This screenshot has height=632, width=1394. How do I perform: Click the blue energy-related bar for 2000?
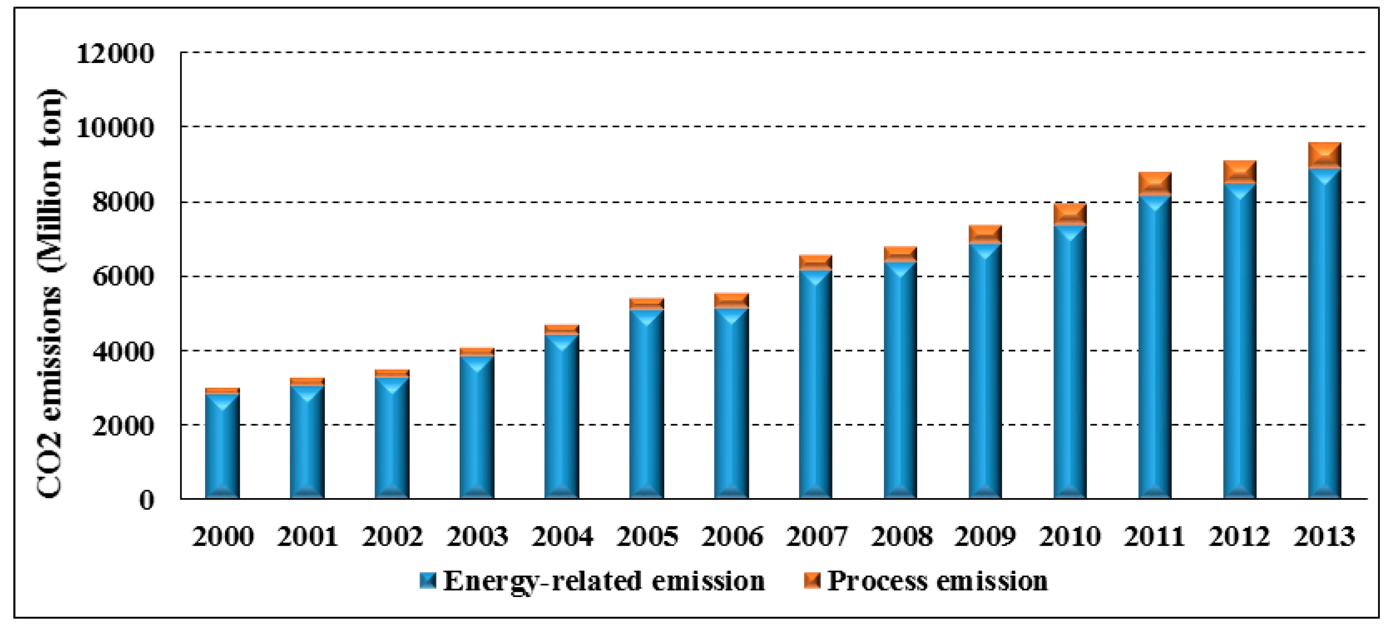pos(223,446)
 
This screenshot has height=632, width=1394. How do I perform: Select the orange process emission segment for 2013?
pos(1324,155)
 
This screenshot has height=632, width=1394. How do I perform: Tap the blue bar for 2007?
pos(815,384)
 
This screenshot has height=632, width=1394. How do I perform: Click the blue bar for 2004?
pos(561,416)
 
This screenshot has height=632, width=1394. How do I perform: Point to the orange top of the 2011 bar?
pos(1155,183)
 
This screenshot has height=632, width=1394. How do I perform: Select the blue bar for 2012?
pos(1239,340)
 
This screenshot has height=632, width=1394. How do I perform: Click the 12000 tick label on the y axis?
pos(115,54)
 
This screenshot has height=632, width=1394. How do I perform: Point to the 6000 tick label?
pos(124,277)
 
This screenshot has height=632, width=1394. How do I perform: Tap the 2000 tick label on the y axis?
pos(124,426)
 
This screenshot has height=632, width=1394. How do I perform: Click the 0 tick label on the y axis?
pos(146,500)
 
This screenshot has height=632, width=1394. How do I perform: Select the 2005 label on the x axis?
pos(647,537)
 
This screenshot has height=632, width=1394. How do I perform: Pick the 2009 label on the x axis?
pos(985,537)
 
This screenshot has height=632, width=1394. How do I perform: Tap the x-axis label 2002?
pos(392,537)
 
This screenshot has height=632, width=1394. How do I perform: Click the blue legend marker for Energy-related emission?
pos(428,581)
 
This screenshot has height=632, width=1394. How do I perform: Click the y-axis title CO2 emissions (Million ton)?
pos(50,292)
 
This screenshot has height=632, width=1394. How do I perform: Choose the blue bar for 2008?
pos(901,378)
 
